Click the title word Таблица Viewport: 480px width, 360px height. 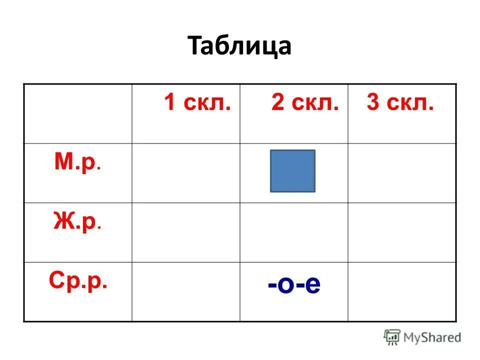point(240,46)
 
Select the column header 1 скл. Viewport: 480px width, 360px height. point(197,103)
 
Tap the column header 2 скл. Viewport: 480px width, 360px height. point(305,103)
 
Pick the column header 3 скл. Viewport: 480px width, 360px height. point(400,103)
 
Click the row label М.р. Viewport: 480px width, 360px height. point(77,162)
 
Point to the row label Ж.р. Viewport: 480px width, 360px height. point(77,222)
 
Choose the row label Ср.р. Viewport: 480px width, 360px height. point(78,281)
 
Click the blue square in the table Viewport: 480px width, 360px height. point(292,171)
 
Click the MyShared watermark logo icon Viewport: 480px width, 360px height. point(392,337)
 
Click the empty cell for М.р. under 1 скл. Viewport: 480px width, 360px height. point(186,173)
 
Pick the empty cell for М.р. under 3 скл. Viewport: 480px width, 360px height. point(402,173)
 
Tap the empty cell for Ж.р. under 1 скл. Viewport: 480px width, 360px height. point(186,232)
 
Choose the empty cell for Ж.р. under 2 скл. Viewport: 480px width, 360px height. point(294,232)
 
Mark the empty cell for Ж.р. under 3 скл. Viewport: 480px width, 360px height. point(402,232)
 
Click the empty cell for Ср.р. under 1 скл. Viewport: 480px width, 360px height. point(186,291)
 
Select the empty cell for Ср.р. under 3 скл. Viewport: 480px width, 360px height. point(402,291)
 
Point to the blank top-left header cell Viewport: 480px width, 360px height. point(78,113)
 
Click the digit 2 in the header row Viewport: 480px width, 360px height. point(277,103)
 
